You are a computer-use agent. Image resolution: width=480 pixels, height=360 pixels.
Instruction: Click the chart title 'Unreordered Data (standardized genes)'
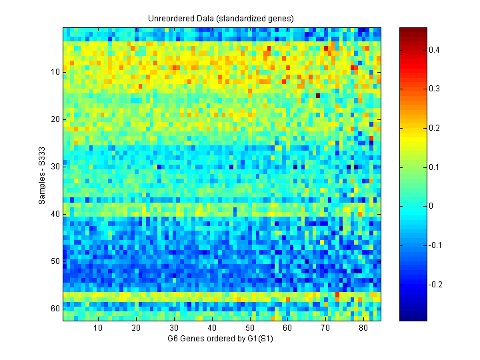(221, 18)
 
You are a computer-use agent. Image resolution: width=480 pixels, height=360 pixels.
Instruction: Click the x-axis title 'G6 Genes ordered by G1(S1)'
(221, 339)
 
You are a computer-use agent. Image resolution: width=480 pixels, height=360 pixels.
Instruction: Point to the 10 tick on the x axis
(98, 329)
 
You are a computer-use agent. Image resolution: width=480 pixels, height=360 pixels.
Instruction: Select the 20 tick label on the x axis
(136, 329)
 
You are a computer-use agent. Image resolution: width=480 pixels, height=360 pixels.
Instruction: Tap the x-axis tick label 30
(174, 329)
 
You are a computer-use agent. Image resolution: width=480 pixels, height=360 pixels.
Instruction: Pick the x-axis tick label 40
(212, 329)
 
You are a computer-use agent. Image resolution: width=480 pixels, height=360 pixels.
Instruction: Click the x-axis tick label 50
(249, 329)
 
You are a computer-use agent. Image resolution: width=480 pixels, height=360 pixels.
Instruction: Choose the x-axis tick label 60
(287, 329)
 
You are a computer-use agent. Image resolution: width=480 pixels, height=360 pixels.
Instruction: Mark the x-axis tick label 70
(325, 329)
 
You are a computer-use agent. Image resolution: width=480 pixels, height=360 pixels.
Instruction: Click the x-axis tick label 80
(363, 329)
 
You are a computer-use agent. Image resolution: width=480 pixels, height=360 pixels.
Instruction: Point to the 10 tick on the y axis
(55, 72)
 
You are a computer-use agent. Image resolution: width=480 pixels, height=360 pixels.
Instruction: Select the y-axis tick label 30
(55, 167)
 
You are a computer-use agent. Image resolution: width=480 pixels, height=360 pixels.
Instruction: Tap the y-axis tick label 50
(55, 261)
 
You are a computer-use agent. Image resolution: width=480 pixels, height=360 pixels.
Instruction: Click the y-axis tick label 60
(55, 309)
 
